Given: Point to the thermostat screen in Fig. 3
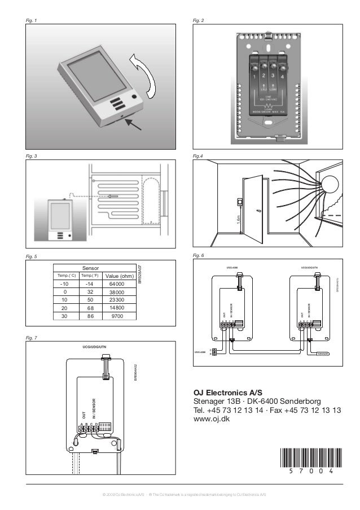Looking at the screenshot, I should point(59,215).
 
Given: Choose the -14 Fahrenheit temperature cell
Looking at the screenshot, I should point(89,284).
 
